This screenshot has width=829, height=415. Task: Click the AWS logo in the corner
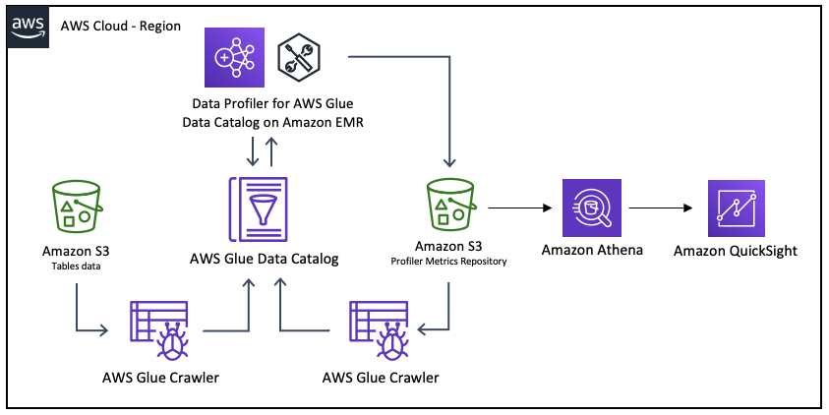click(x=28, y=28)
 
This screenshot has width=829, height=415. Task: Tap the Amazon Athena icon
click(x=592, y=207)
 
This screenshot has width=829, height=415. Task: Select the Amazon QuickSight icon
click(x=737, y=208)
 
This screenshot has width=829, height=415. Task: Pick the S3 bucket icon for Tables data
click(x=77, y=207)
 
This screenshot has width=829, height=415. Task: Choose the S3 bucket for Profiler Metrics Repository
click(x=451, y=205)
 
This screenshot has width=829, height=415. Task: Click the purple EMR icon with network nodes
click(x=234, y=57)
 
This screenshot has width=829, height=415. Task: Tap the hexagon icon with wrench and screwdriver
click(x=299, y=57)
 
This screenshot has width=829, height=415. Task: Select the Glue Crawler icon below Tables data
click(x=159, y=330)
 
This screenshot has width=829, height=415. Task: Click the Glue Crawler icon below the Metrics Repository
click(x=378, y=330)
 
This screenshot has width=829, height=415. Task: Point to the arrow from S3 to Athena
click(x=519, y=208)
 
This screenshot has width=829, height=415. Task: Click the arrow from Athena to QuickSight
click(x=660, y=208)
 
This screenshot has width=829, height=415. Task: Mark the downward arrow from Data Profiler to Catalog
click(x=253, y=151)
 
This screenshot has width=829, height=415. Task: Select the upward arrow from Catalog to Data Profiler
click(x=271, y=151)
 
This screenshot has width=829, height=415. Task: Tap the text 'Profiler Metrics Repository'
click(x=448, y=262)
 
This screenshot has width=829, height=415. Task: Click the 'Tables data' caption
click(x=76, y=266)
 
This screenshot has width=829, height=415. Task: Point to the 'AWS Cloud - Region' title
click(x=121, y=26)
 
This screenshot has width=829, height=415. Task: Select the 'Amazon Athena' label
click(x=592, y=250)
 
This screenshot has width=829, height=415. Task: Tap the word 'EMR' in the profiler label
click(x=349, y=123)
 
